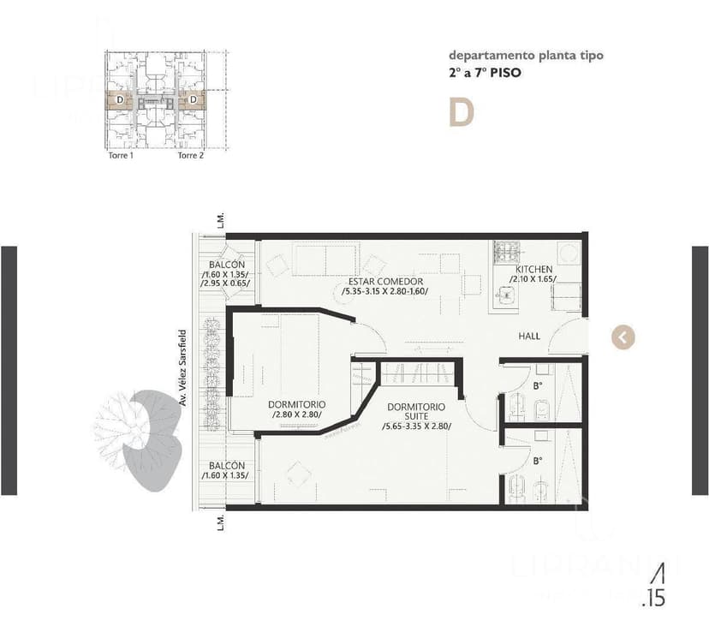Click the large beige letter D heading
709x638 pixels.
point(461,113)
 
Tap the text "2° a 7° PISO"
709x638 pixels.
point(485,73)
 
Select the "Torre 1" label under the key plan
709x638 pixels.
point(120,156)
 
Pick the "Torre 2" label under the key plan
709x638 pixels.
point(190,156)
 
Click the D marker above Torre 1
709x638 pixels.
point(119,100)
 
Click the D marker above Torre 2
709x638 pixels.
point(194,100)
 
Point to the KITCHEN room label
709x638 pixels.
point(533,269)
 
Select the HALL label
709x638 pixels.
point(529,337)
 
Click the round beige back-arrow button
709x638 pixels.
point(623,337)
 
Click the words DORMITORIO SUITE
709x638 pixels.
point(415,412)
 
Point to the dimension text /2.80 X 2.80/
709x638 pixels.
point(296,415)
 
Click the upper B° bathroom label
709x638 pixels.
point(538,385)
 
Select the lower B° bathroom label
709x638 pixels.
point(538,461)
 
